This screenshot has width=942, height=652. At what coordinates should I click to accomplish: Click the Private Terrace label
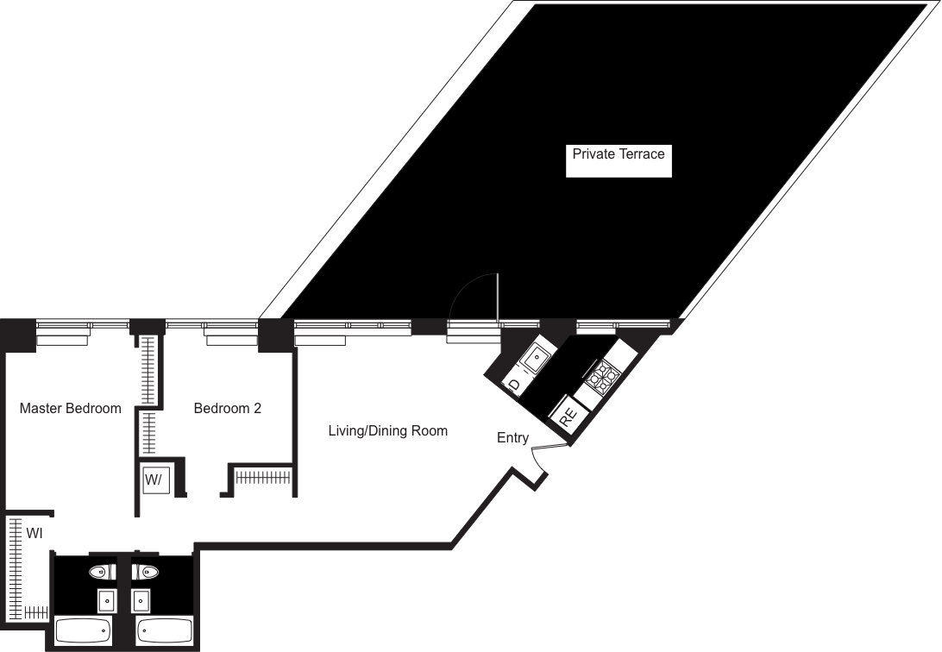(619, 154)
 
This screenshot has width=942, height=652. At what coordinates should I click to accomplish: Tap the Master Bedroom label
(70, 408)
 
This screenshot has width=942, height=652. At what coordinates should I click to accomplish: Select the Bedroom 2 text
(227, 408)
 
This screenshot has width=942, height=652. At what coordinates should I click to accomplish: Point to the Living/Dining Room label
(387, 430)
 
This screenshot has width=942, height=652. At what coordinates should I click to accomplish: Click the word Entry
(512, 438)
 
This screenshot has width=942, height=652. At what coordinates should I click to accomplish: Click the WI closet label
(35, 533)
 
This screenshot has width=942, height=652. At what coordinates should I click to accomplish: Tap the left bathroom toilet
(102, 571)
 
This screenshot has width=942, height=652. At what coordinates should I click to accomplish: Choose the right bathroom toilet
(145, 571)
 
